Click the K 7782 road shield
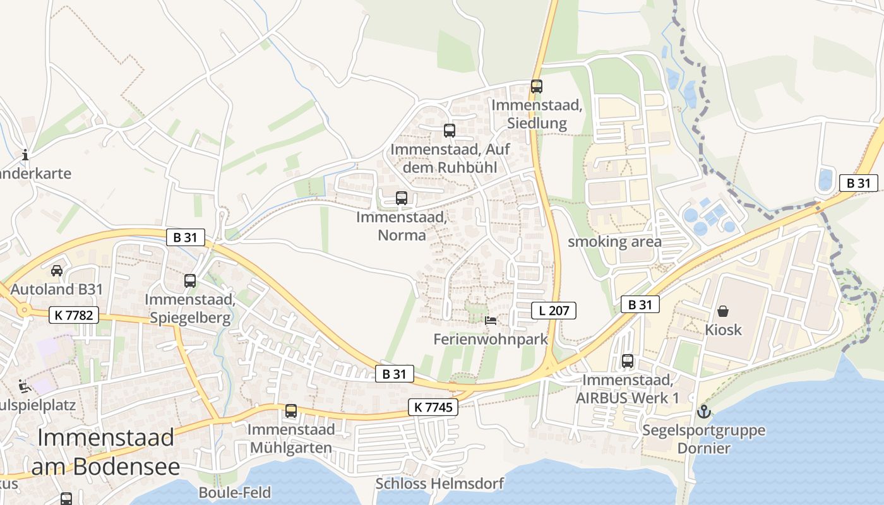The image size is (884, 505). [x=74, y=315]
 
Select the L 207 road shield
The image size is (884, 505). [x=554, y=311]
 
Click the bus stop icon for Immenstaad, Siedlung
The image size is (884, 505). [x=536, y=86]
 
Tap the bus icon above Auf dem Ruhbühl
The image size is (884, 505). [x=449, y=131]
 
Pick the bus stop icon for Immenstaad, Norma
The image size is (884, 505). [x=402, y=198]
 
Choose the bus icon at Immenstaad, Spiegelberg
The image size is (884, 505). [x=190, y=281]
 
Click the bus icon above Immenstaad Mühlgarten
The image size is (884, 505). [x=290, y=411]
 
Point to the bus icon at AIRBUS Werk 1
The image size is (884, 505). [x=627, y=361]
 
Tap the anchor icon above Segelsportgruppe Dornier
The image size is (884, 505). [x=703, y=412]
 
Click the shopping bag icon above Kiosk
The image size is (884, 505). [x=723, y=311]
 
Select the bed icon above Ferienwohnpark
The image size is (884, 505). [x=491, y=321]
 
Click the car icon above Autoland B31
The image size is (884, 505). [x=56, y=271]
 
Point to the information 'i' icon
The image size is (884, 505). [x=25, y=155]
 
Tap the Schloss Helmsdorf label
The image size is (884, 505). [x=439, y=484]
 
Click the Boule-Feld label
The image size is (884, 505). [x=234, y=492]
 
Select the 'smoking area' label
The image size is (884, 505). [x=614, y=242]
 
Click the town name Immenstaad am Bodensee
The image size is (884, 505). [x=105, y=452]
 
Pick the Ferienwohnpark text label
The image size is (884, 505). [x=491, y=339]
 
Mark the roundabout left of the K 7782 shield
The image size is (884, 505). [x=25, y=309]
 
